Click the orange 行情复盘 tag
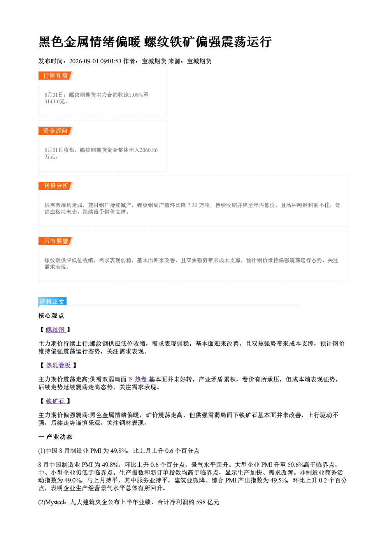click(56, 75)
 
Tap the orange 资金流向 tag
click(56, 131)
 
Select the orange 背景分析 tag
click(56, 186)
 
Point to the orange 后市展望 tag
click(56, 241)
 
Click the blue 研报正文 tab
click(52, 302)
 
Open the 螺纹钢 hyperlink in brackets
click(56, 330)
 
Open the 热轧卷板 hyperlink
click(59, 365)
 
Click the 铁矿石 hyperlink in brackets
click(56, 401)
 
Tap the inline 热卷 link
click(141, 379)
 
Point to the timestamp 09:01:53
click(111, 61)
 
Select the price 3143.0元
click(54, 102)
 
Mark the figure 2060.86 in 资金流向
click(148, 150)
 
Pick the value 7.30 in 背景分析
click(192, 205)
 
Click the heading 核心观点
click(51, 316)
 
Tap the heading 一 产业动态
click(55, 437)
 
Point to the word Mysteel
click(55, 502)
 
